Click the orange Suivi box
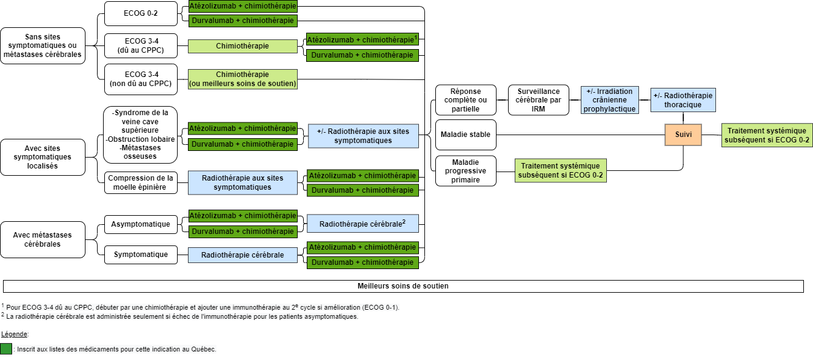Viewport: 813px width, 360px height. (x=683, y=135)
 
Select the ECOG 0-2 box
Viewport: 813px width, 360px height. (x=141, y=13)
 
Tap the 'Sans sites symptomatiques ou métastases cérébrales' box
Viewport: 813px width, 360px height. (x=43, y=45)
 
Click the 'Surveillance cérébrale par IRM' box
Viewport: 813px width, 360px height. (x=538, y=100)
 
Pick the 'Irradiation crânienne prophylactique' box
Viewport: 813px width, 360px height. (x=610, y=100)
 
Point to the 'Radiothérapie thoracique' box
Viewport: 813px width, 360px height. (x=683, y=100)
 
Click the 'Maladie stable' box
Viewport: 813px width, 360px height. (x=466, y=135)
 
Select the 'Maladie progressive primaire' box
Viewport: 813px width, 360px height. (x=466, y=171)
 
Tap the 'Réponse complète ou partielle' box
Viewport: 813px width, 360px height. (x=466, y=100)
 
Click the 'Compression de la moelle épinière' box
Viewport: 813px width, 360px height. (x=141, y=182)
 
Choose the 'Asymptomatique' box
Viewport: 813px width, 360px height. (x=141, y=224)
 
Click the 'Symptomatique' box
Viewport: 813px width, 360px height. (x=141, y=255)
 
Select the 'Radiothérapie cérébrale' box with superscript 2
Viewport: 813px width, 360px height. (x=363, y=224)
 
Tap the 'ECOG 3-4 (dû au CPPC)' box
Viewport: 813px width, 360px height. (x=141, y=45)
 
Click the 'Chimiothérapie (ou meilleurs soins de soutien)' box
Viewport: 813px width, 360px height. (x=243, y=79)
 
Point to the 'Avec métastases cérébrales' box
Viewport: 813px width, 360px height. (x=43, y=239)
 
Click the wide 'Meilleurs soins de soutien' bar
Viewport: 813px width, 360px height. (x=403, y=286)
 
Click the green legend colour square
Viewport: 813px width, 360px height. (x=6, y=349)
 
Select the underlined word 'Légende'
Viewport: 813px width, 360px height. (x=14, y=334)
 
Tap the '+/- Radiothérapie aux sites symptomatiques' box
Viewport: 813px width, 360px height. (x=363, y=136)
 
